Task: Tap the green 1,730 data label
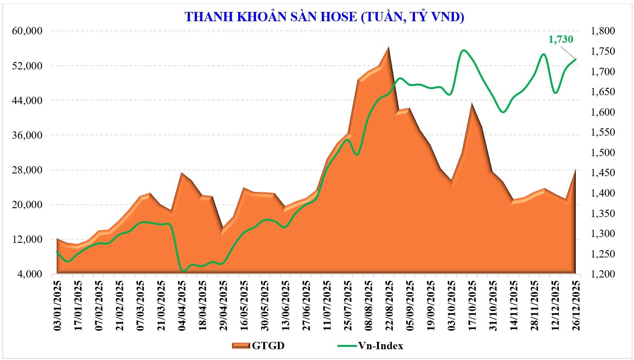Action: (x=561, y=39)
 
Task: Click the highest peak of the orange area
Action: (x=388, y=47)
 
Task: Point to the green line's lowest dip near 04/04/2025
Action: (x=183, y=271)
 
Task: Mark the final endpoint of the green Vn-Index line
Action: (x=576, y=59)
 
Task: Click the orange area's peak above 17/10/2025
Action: (x=471, y=103)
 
